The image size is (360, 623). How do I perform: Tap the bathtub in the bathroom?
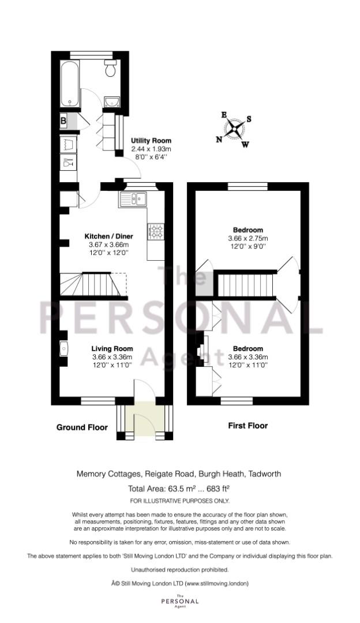(70, 84)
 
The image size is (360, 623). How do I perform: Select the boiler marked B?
(63, 121)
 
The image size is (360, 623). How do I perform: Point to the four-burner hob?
(156, 232)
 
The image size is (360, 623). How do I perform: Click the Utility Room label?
(151, 141)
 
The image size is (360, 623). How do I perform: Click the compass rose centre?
(234, 128)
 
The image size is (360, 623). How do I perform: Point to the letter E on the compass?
(224, 115)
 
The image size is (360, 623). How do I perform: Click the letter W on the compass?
(245, 144)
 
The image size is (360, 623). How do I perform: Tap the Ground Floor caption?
(82, 427)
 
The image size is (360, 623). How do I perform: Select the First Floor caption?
(248, 426)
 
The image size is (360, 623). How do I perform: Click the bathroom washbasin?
(112, 102)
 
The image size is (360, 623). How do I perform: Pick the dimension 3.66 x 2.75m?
(248, 238)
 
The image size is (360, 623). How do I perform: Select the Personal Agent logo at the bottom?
(179, 601)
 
